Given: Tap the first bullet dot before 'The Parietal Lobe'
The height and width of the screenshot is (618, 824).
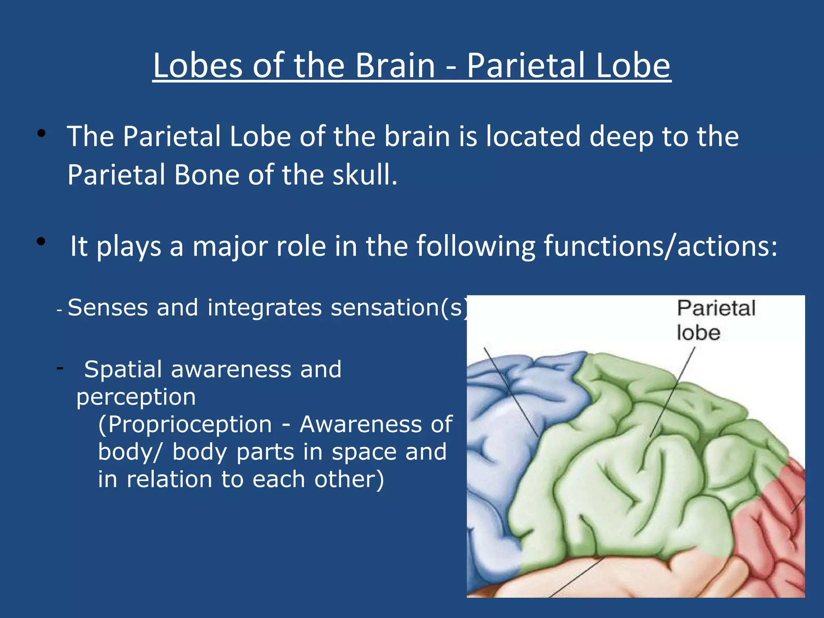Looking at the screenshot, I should (x=41, y=134).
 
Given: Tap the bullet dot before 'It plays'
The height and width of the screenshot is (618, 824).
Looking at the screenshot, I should (x=41, y=242).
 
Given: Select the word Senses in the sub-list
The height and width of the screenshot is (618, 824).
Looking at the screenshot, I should (x=108, y=308).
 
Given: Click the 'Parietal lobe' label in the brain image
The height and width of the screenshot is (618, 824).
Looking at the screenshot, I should (x=715, y=320).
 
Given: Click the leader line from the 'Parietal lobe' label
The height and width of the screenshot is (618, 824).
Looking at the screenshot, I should (x=672, y=394).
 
